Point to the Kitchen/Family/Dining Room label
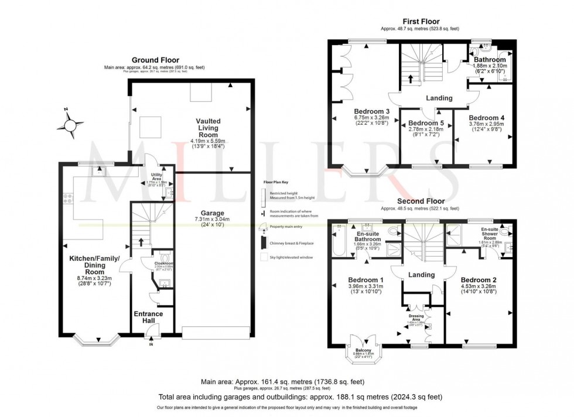coord(94,265)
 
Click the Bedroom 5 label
coord(425,123)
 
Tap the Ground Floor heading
coord(155,60)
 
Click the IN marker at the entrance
coord(151,344)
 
